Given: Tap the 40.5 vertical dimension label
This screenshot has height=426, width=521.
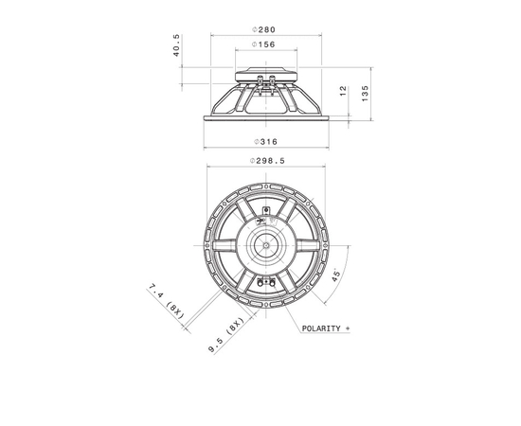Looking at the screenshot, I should pyautogui.click(x=177, y=46).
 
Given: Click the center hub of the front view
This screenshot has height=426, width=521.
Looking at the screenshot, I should pyautogui.click(x=266, y=243).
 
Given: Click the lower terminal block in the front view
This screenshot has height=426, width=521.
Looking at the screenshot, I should pyautogui.click(x=266, y=281).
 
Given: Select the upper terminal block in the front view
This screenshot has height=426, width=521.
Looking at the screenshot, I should pyautogui.click(x=266, y=207).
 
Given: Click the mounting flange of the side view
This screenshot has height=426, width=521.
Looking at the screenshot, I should pyautogui.click(x=264, y=117).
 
